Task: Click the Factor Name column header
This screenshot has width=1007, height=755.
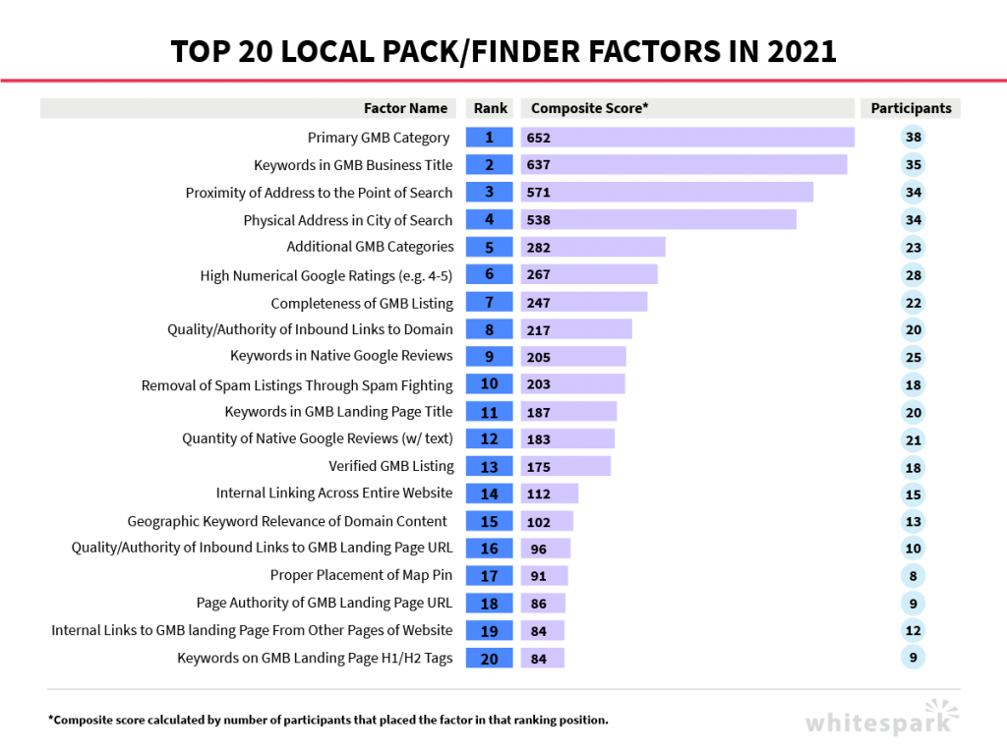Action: tap(405, 109)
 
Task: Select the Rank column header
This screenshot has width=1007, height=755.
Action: tap(489, 109)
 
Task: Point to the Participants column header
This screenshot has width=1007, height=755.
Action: tap(911, 109)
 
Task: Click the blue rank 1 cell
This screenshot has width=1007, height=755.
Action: tap(489, 138)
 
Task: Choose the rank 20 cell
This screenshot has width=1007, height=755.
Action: tap(489, 659)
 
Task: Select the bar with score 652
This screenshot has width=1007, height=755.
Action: tap(687, 138)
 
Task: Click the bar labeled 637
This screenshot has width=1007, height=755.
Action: tap(683, 165)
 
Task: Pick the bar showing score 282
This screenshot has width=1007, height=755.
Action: tap(592, 247)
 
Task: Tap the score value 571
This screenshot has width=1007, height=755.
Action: tap(539, 193)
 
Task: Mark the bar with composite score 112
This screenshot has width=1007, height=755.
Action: tap(549, 494)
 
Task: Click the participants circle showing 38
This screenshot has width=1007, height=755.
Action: tap(913, 138)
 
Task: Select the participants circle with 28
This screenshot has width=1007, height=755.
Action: tap(913, 275)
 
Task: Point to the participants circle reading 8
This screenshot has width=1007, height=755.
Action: tap(913, 576)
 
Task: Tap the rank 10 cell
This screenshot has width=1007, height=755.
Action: tap(489, 384)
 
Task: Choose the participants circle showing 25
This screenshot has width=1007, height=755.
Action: tap(913, 357)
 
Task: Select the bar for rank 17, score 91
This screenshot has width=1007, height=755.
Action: tap(544, 576)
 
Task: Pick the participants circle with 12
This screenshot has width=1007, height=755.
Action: tap(913, 631)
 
